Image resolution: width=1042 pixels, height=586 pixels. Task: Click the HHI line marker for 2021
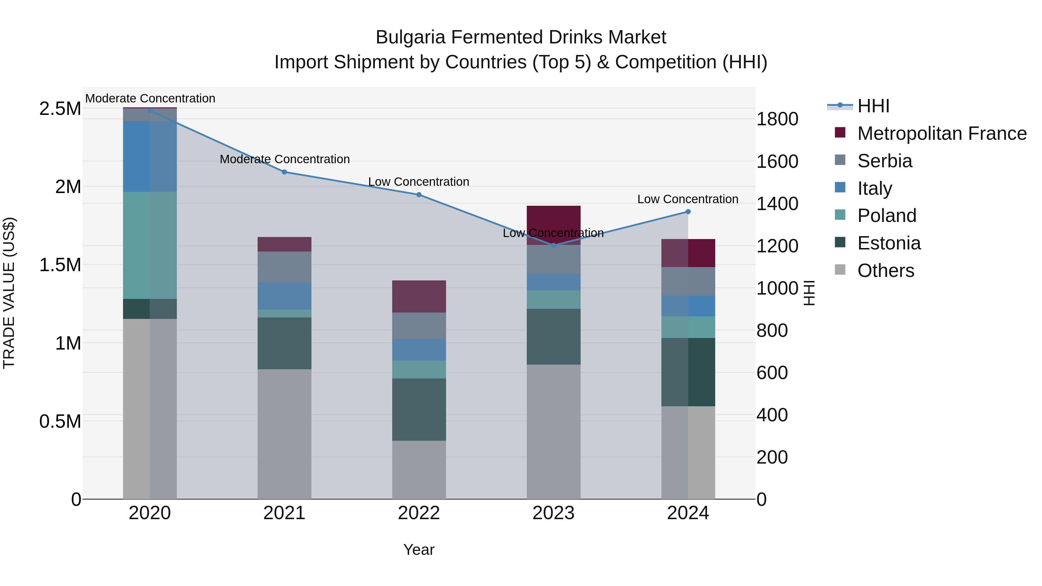coord(284,172)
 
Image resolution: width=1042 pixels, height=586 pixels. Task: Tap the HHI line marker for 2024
coord(688,212)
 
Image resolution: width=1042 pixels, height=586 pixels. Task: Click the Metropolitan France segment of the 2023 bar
coord(553,225)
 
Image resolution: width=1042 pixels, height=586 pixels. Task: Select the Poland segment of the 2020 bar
coord(150,245)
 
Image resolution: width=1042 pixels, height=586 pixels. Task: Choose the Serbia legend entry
coord(885,161)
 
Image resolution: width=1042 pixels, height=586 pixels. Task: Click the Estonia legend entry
coord(889,243)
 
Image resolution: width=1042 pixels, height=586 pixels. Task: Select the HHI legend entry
coord(873,106)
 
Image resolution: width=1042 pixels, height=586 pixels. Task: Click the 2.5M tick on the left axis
coord(60,109)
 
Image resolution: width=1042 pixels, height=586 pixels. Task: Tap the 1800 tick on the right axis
coord(777,119)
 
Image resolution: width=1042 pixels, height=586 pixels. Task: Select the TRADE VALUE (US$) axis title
coord(9,293)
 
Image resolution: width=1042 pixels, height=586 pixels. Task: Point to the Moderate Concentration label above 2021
coord(284,159)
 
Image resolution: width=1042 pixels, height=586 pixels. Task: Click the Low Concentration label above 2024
coord(688,199)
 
